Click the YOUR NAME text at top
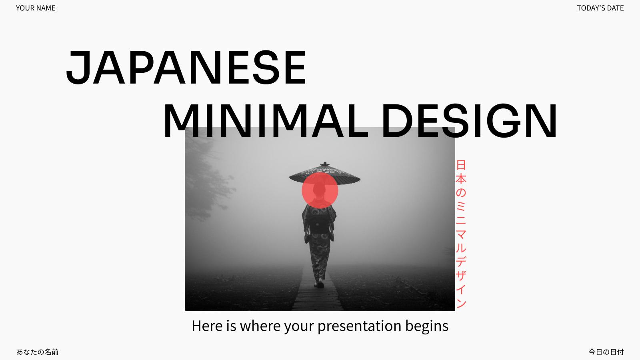point(36,8)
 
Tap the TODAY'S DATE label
point(600,8)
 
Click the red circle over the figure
point(320,190)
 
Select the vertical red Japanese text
point(461,234)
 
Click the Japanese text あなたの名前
point(38,352)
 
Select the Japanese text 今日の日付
point(606,352)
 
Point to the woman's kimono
point(319,236)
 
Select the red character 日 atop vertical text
point(461,165)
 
